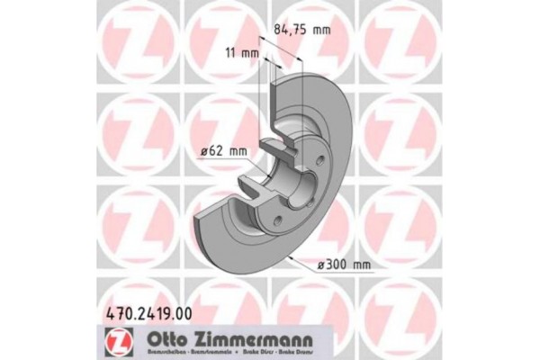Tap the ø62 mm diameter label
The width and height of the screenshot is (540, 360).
click(222, 151)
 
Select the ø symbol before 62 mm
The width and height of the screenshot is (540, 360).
click(203, 151)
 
